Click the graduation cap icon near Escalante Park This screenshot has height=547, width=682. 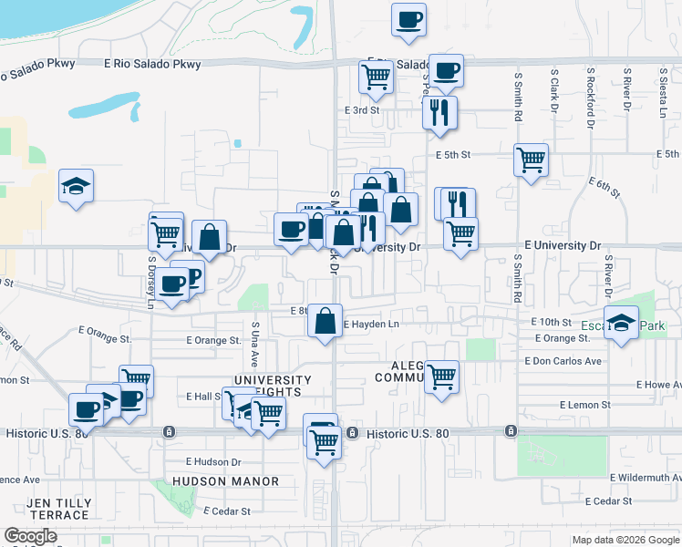pos(621,323)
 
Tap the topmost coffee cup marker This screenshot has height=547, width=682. pos(408,18)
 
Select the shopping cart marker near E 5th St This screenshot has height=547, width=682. pos(531,160)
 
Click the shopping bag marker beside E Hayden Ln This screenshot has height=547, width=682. pos(325,320)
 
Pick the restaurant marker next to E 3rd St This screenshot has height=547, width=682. pos(439,112)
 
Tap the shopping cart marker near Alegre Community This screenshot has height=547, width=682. pos(442,376)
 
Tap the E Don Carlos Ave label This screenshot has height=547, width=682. pos(563,361)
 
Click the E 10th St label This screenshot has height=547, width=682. pos(551,323)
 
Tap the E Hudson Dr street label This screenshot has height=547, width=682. pos(212,462)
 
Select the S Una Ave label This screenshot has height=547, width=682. pos(254,339)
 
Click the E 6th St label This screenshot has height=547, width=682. pos(604,189)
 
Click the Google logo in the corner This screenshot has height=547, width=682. pos(30,536)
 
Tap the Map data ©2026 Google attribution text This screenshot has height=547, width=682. pos(624,540)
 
